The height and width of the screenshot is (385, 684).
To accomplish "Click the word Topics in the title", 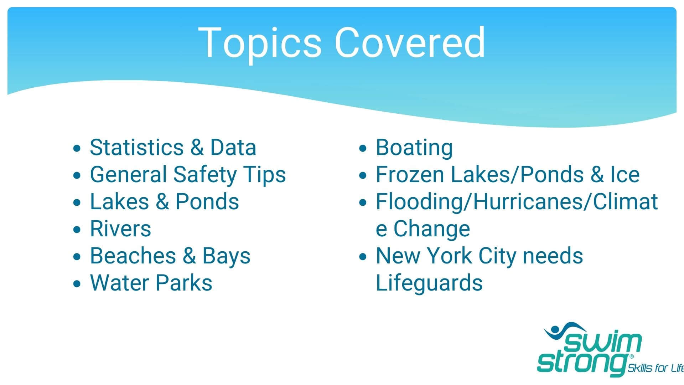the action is pos(260,43).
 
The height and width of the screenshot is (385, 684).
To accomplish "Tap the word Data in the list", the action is pos(233,147).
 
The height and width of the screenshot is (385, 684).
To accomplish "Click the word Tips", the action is pos(265,175).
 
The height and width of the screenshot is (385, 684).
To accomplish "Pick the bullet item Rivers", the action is pos(120,229).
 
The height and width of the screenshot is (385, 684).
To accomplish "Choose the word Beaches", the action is pos(133,256).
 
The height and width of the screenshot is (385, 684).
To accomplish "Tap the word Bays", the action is pos(227,256).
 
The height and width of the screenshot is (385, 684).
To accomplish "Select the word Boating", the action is pos(414,148).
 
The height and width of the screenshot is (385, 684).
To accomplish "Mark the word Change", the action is pos(431,229).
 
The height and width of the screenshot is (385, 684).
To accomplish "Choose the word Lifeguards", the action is pos(429,283).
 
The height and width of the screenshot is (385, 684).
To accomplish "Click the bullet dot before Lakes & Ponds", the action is pos(77,202).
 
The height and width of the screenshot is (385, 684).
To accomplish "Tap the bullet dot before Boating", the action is pos(363,148).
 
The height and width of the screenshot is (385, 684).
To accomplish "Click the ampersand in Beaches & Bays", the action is pos(189,256).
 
